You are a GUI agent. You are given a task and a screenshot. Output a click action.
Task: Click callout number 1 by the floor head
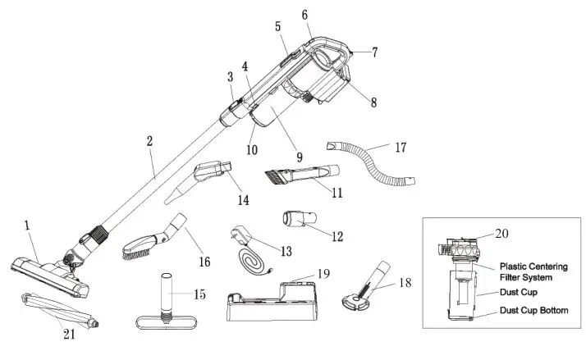pos(26,225)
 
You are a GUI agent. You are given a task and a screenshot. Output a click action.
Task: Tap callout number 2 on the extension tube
pos(149,141)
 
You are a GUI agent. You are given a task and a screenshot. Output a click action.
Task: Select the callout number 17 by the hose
pos(400,148)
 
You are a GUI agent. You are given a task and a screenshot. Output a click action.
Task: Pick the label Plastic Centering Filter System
pos(538,271)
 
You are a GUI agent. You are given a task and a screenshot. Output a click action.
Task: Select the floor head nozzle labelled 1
pos(49,267)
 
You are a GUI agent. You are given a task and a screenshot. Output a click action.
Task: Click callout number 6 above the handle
pos(305,15)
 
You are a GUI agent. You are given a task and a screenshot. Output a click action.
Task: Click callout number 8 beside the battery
pos(373,103)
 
